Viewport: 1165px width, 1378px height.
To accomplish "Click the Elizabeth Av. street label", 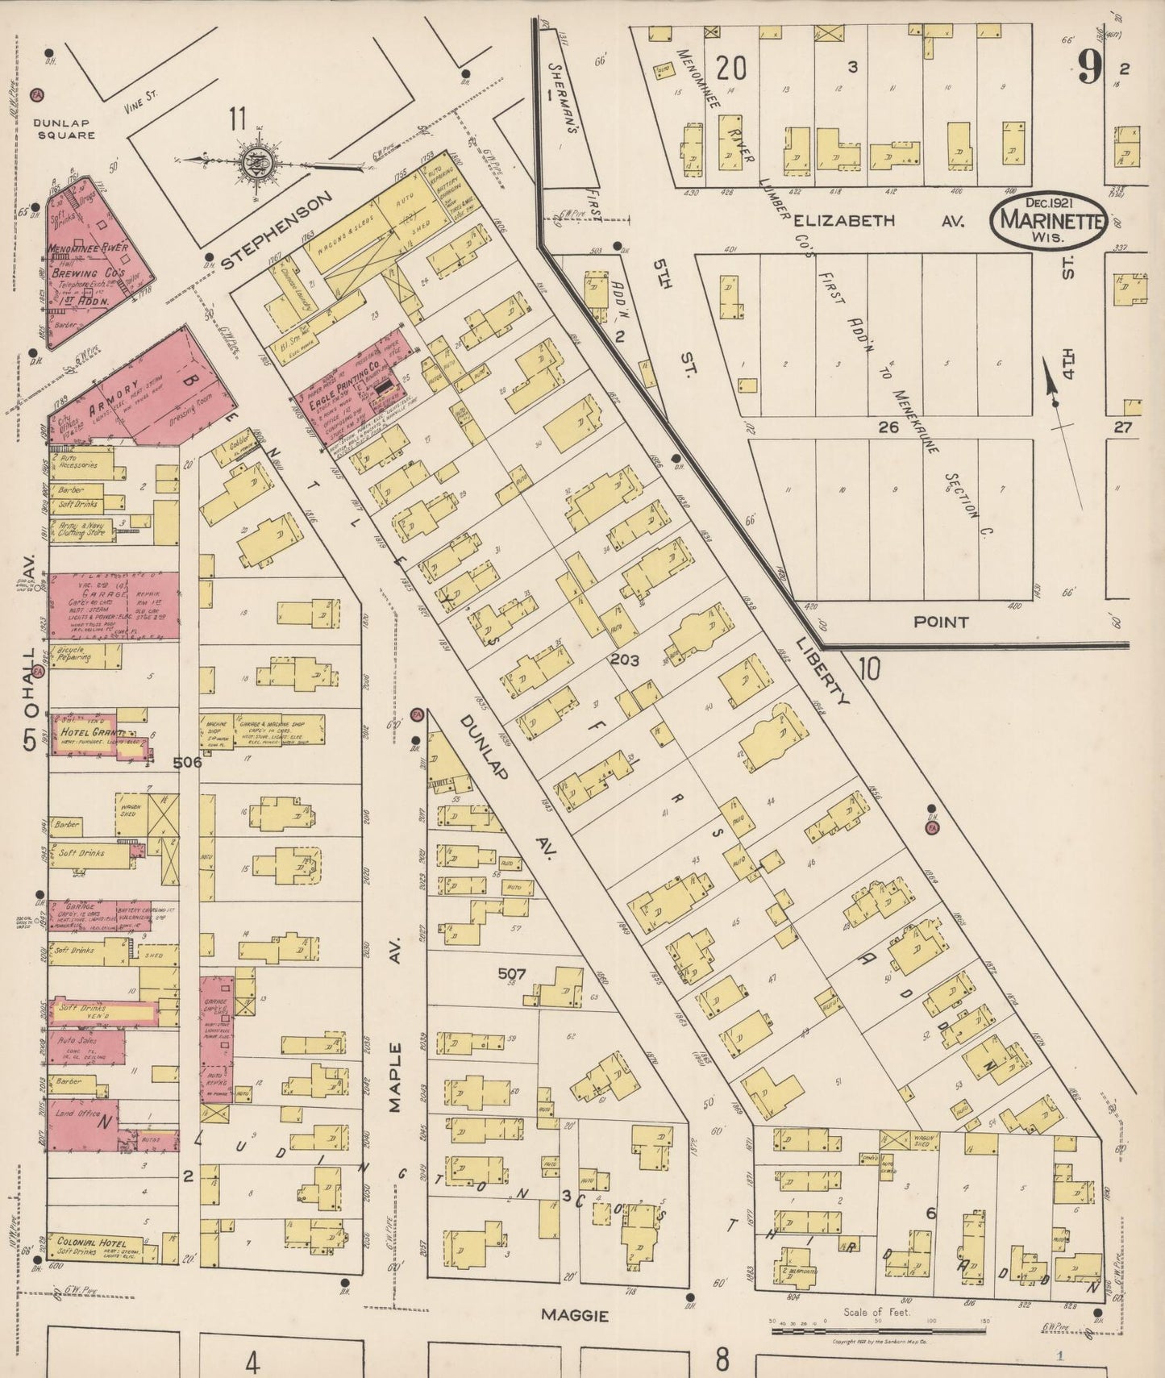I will click(x=878, y=221).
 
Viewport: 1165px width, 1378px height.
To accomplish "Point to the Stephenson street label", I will click(x=277, y=230).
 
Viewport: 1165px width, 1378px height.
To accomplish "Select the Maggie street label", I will click(x=574, y=1315).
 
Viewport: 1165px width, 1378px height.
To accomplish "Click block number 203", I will click(x=625, y=660).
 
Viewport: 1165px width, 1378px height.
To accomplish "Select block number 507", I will click(x=511, y=974).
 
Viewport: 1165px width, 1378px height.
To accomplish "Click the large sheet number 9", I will click(x=1088, y=69).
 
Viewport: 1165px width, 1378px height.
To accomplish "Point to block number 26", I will click(x=888, y=427).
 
